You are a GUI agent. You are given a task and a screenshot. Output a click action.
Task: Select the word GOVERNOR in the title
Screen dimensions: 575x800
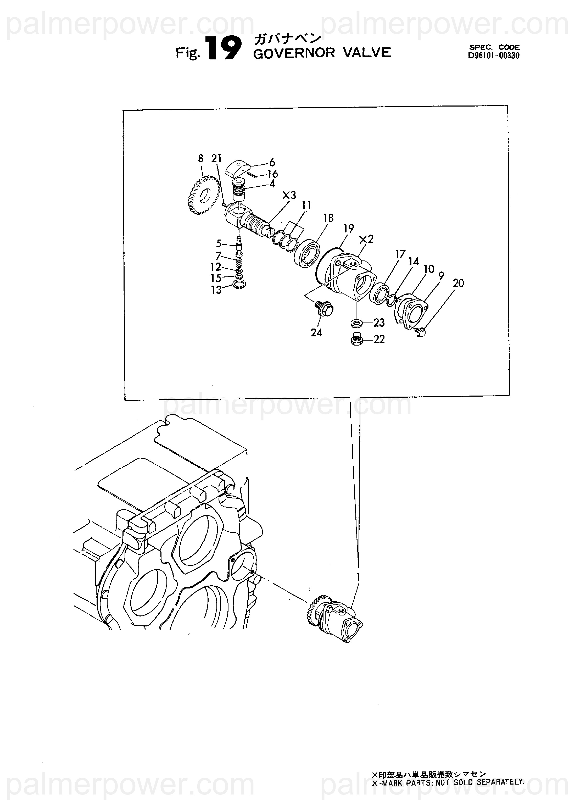(x=294, y=53)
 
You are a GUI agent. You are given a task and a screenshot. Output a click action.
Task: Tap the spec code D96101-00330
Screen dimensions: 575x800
(x=494, y=56)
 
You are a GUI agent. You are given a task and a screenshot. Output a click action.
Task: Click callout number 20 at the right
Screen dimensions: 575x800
(x=458, y=283)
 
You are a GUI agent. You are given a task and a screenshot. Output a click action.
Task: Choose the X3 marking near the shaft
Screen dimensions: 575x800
(x=289, y=195)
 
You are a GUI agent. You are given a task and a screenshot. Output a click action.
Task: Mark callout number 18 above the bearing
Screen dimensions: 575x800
(x=328, y=218)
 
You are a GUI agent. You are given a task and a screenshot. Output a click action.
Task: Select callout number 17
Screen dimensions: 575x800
(x=400, y=254)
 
